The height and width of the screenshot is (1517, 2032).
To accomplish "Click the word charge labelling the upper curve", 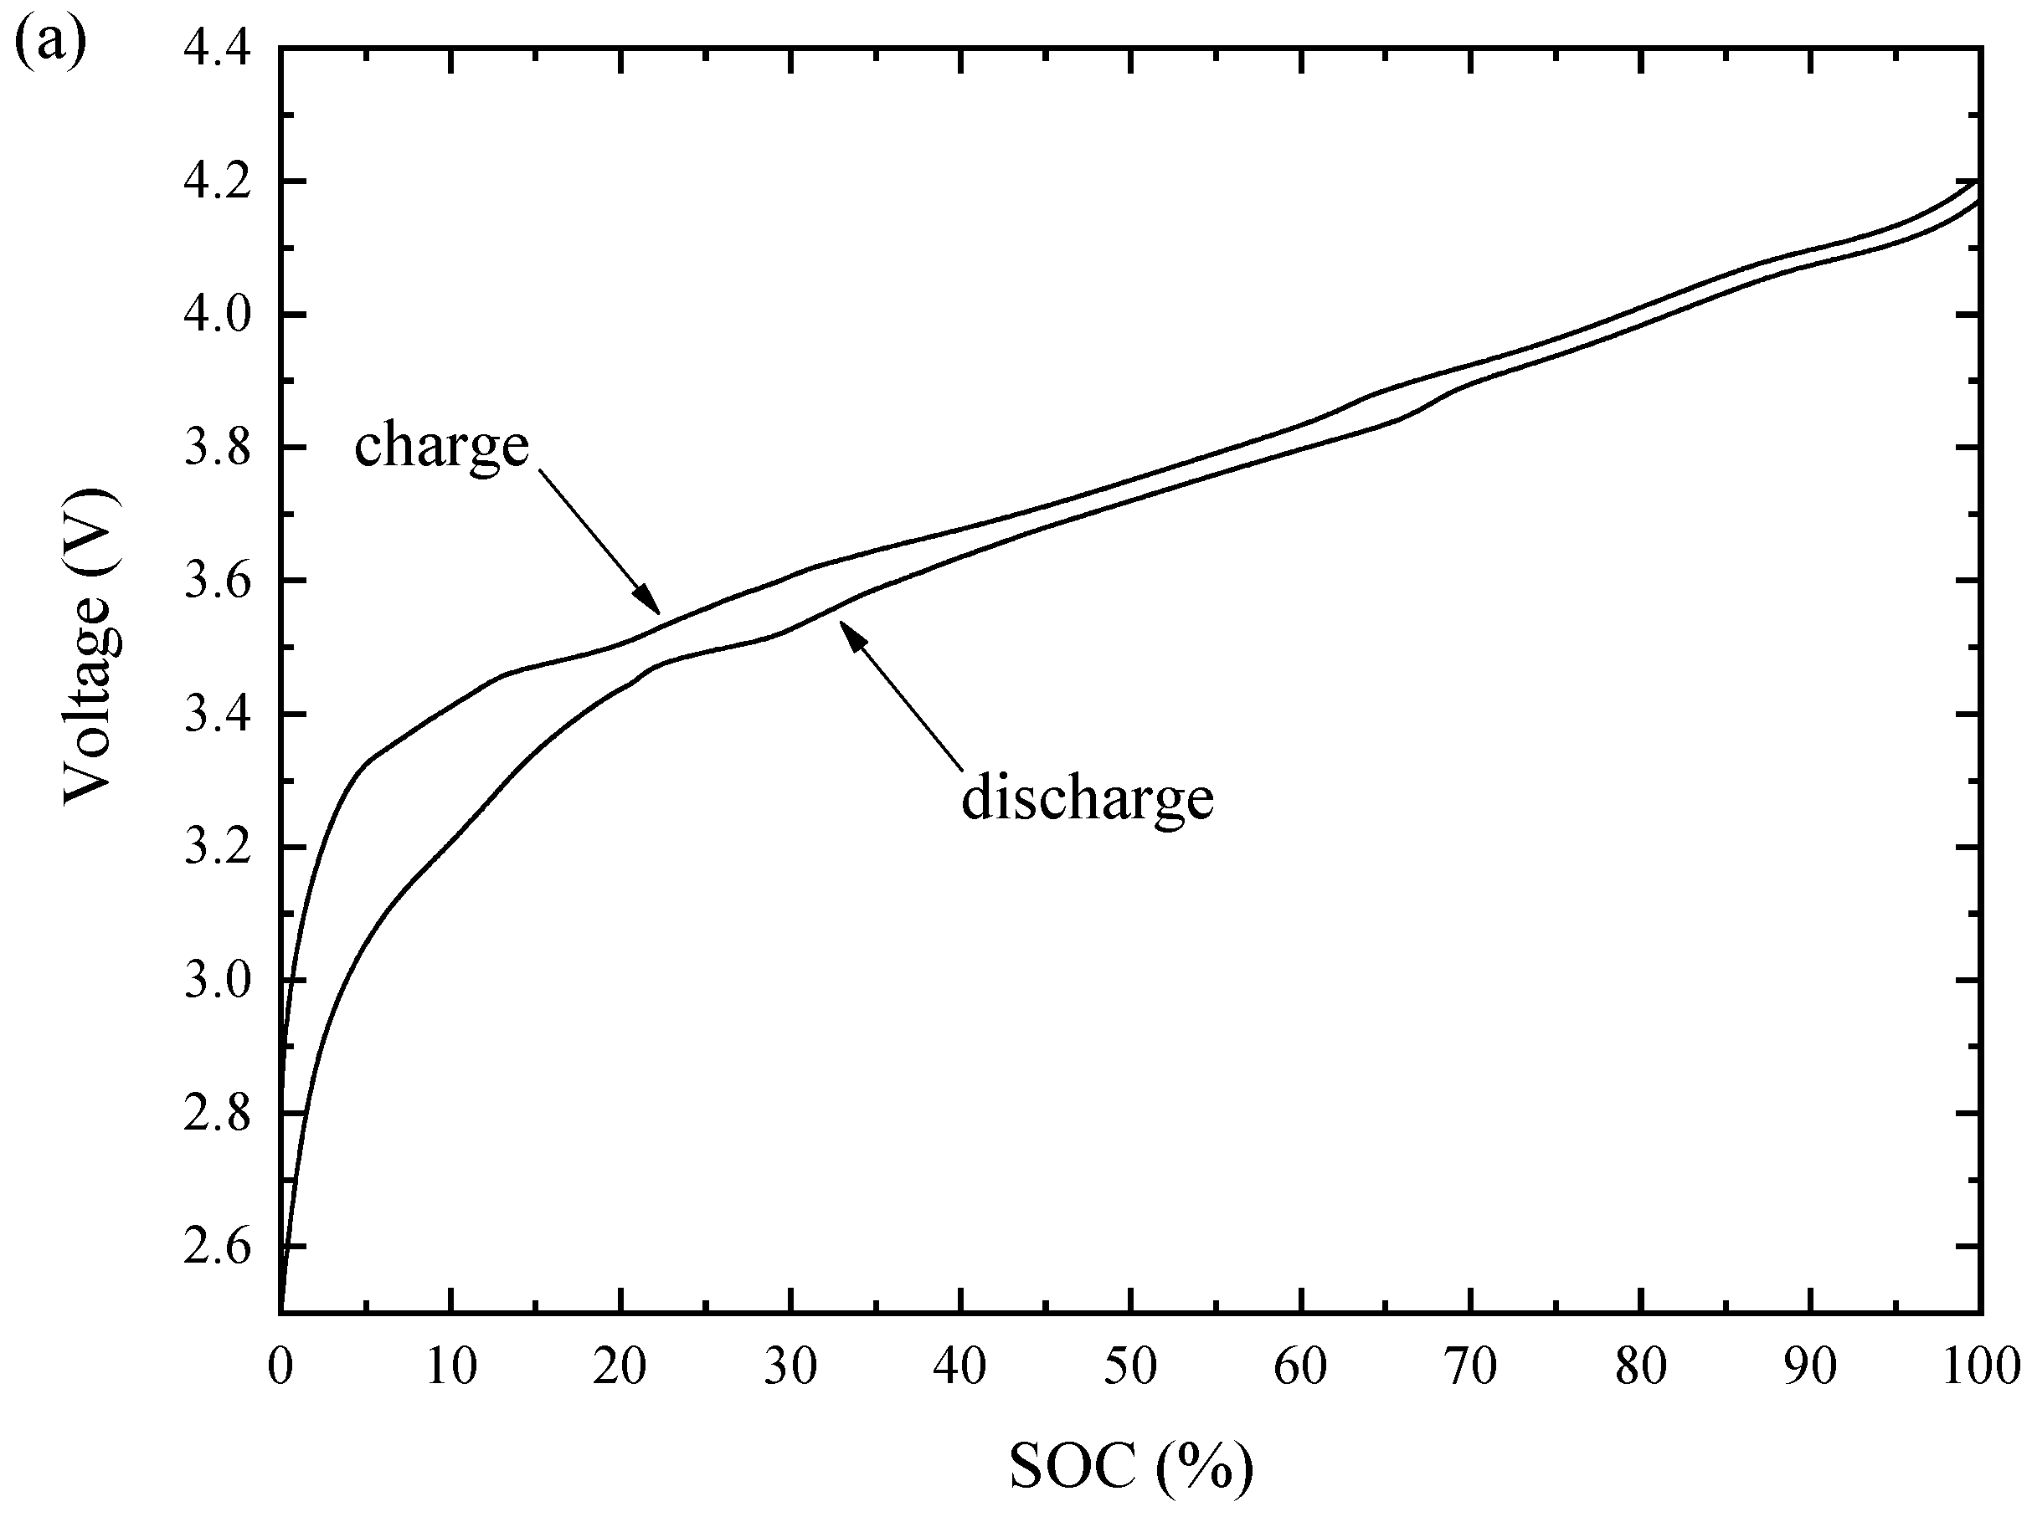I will [442, 446].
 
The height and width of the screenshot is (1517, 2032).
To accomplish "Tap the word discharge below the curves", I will [1088, 798].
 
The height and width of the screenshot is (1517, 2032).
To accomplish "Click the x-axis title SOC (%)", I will [1131, 1467].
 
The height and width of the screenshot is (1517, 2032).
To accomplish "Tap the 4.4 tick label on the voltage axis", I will [218, 49].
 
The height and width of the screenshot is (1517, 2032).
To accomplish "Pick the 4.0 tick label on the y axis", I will [218, 315].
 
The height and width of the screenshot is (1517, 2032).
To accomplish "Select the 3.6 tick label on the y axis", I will [218, 582].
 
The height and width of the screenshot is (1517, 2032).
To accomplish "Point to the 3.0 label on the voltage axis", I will [218, 981].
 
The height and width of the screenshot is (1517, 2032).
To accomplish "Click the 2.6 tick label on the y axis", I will [218, 1247].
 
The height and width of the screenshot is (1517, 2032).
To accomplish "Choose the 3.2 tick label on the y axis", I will [218, 848].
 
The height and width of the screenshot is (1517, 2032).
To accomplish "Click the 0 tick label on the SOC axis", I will [280, 1366].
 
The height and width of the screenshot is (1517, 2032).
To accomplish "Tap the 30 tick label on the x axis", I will [790, 1366].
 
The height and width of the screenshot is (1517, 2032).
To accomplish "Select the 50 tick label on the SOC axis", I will [1130, 1366].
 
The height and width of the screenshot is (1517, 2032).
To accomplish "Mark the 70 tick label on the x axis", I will [1470, 1366].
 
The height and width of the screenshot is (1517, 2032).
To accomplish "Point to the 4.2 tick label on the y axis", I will [218, 182].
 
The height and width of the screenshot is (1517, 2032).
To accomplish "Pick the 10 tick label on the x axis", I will [450, 1366].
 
